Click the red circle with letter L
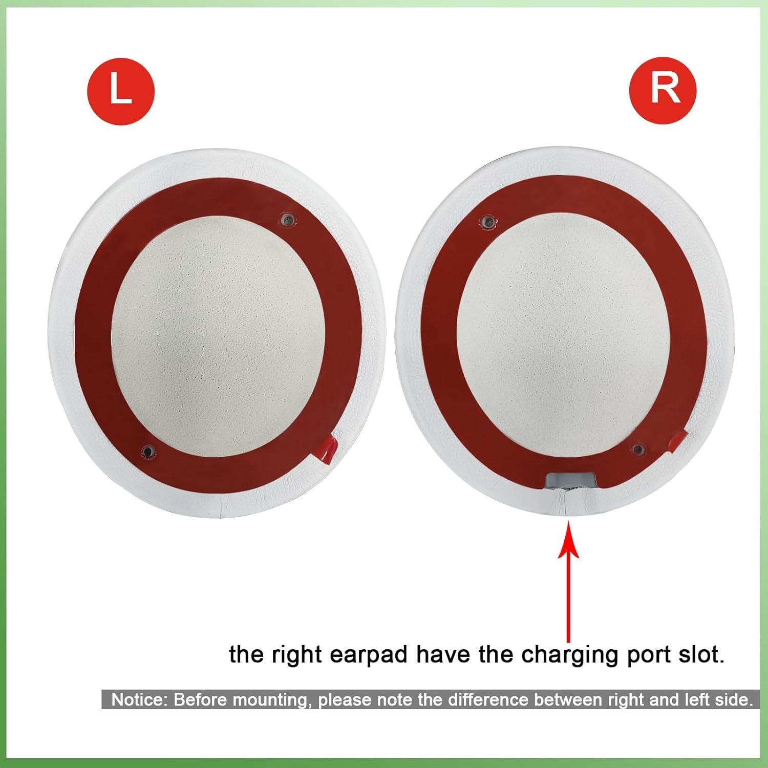pyautogui.click(x=121, y=93)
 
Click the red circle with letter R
pyautogui.click(x=663, y=90)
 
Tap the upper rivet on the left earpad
pyautogui.click(x=287, y=220)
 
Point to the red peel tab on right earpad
pyautogui.click(x=676, y=441)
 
